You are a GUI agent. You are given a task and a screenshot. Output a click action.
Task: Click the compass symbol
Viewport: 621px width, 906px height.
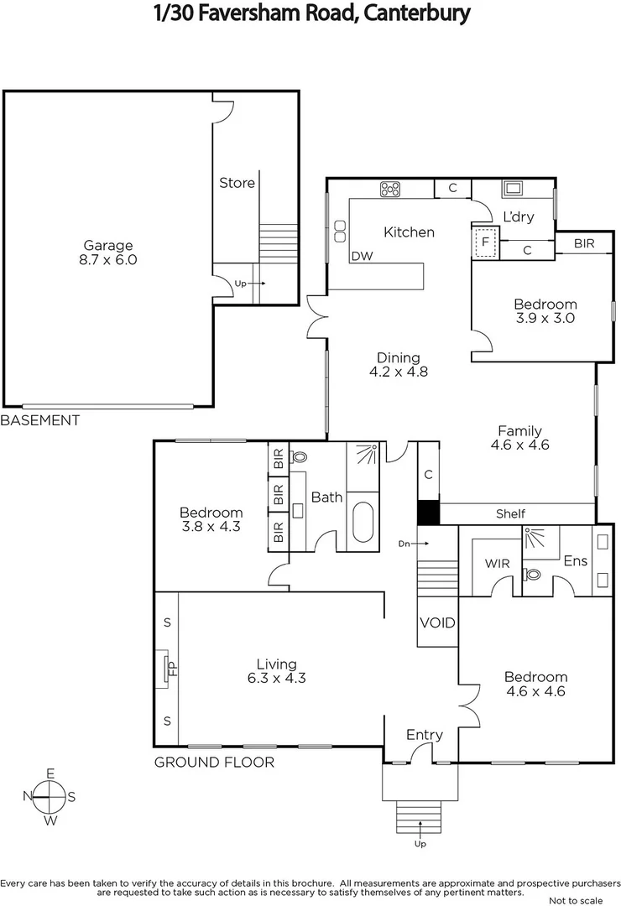tap(50, 796)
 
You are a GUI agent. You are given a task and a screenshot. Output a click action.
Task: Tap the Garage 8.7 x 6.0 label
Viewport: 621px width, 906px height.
tap(107, 253)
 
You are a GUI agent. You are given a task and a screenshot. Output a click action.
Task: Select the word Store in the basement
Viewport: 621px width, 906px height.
tap(237, 183)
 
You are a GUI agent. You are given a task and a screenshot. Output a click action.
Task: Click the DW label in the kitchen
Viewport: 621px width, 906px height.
tap(362, 256)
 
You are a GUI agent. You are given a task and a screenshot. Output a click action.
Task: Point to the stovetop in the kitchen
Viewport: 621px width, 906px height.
tap(390, 190)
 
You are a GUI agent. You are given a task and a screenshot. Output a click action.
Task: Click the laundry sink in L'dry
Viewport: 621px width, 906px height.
tap(512, 188)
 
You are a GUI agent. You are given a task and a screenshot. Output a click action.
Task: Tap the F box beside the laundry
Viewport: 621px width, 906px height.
tap(483, 242)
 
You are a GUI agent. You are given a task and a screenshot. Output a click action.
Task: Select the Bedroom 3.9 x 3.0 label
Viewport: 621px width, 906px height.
tap(545, 311)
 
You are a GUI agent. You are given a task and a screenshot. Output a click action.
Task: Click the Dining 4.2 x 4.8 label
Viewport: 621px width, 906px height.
tap(398, 364)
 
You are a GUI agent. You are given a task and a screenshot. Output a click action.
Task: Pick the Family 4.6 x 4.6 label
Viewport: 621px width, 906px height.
tap(519, 438)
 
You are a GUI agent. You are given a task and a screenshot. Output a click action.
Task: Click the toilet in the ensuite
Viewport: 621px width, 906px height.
tap(532, 575)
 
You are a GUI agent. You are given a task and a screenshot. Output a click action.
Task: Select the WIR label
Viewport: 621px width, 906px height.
tap(491, 563)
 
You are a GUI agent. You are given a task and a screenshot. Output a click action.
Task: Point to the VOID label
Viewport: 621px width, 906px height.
tap(437, 623)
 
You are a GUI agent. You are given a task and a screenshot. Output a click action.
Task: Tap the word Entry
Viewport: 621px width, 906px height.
tap(424, 735)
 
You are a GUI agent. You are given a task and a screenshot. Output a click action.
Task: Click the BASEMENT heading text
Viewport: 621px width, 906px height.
tap(40, 420)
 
